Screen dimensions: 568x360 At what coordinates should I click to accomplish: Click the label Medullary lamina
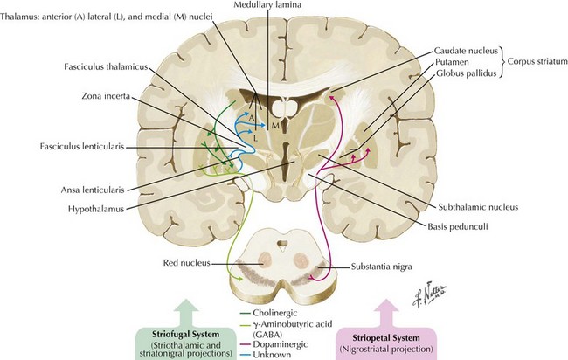point(267,4)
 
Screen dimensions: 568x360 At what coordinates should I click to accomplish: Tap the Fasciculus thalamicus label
point(106,67)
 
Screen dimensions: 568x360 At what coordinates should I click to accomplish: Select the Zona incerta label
point(106,96)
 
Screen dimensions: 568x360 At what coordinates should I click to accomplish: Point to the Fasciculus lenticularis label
point(82,147)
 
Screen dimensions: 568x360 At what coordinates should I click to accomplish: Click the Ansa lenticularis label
point(93,190)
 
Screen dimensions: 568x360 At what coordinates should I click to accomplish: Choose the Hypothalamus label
point(96,209)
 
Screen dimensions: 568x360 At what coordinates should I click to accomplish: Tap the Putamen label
point(452,62)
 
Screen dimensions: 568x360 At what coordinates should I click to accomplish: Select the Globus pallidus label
point(466,73)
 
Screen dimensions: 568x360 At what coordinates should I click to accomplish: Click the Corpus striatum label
point(537,61)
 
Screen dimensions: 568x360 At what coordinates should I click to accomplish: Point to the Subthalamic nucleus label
point(478,207)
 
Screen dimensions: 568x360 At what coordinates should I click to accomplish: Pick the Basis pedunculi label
point(458,226)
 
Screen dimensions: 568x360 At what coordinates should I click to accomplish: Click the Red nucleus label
point(186,263)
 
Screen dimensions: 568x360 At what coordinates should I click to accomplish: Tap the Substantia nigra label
point(382,267)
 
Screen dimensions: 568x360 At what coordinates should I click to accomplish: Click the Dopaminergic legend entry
point(280,344)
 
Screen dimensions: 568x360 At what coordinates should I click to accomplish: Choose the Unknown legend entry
point(272,355)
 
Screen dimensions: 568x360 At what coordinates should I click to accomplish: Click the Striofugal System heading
point(185,335)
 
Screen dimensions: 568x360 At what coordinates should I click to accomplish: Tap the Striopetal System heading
point(386,338)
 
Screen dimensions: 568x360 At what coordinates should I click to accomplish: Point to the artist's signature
point(430,294)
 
